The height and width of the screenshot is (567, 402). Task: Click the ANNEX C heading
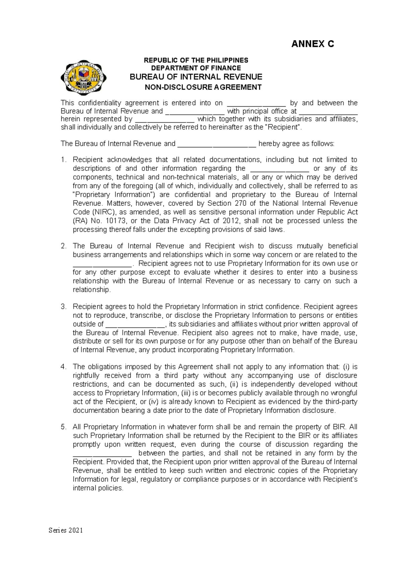pos(312,44)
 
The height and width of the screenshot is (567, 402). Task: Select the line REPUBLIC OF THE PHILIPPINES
pos(196,61)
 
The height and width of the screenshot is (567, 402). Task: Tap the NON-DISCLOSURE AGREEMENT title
pos(203,88)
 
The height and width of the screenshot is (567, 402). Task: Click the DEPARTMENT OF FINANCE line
pos(196,68)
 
